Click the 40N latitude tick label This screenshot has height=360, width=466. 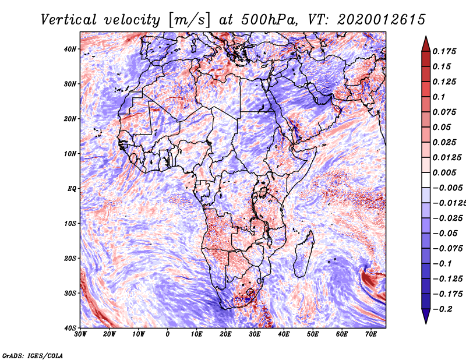[x=70, y=49]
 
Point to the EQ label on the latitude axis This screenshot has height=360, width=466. [x=72, y=189]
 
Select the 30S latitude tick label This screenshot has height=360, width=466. [x=70, y=294]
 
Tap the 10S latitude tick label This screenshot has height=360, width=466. [x=70, y=224]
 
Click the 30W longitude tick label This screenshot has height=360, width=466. [x=80, y=334]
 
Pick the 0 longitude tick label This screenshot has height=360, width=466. [x=168, y=334]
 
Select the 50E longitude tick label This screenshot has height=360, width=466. [x=313, y=334]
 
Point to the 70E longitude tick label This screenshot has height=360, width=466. [x=370, y=334]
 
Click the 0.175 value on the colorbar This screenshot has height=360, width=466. [x=444, y=52]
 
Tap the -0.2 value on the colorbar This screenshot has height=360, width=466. [x=443, y=309]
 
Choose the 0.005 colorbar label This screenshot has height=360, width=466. [x=444, y=172]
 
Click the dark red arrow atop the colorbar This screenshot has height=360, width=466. [x=426, y=44]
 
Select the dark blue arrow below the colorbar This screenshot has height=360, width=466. [x=426, y=316]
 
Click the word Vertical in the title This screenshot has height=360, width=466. [x=69, y=20]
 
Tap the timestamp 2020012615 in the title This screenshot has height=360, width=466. [x=382, y=20]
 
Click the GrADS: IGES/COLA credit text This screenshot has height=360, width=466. [x=33, y=356]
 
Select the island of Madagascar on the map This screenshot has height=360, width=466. [x=303, y=254]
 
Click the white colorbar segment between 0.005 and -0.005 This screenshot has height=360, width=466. [x=426, y=180]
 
